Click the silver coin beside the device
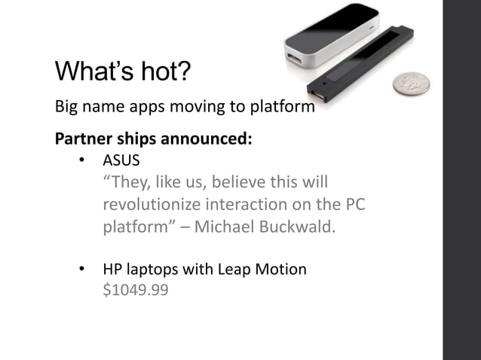[x=413, y=85]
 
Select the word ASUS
[x=121, y=161]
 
